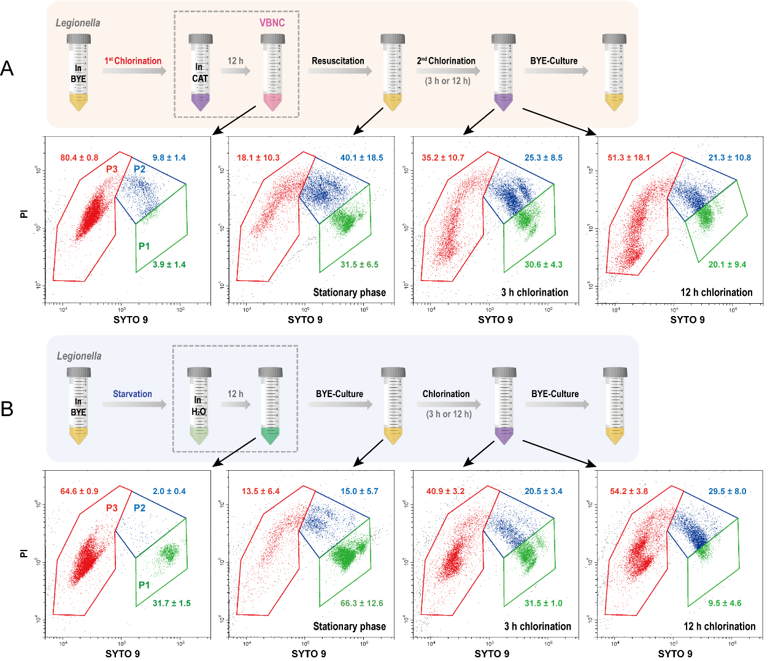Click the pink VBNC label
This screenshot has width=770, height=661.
[272, 23]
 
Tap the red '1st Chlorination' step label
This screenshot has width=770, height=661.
[133, 61]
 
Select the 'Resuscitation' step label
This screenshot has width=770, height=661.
[338, 61]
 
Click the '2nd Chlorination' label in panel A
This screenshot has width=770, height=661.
[446, 61]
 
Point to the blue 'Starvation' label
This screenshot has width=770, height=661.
[133, 394]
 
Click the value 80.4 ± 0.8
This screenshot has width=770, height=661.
[79, 158]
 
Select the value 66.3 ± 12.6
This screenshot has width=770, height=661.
[362, 603]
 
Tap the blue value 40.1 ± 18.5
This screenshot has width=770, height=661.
[362, 158]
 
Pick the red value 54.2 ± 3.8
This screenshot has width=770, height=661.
[629, 492]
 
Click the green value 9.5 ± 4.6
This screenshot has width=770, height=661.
[725, 603]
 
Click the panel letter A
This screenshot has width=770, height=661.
[7, 68]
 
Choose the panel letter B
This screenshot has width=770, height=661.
[7, 409]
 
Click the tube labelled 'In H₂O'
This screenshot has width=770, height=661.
[199, 406]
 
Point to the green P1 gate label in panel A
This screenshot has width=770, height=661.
[144, 246]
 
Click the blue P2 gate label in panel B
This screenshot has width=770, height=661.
[140, 508]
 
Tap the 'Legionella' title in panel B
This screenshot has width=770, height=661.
[79, 356]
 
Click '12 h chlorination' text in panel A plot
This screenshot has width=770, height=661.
[717, 292]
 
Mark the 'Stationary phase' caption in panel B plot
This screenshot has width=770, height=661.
[350, 626]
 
